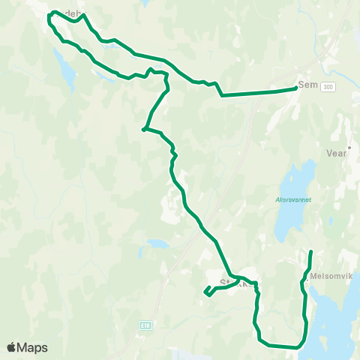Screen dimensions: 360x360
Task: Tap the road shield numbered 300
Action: pos(327,88)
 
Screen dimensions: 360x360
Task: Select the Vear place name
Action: pos(337,151)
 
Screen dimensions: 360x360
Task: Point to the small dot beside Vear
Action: pos(349,148)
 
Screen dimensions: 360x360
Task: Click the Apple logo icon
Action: pos(12,347)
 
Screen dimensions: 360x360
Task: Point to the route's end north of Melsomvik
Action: pos(311,250)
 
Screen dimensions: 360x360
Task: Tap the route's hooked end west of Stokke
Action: pos(205,292)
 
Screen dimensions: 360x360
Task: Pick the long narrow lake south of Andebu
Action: pos(65,70)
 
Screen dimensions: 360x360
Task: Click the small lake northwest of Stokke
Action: pos(158,244)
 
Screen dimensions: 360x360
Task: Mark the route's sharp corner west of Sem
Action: pos(221,95)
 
